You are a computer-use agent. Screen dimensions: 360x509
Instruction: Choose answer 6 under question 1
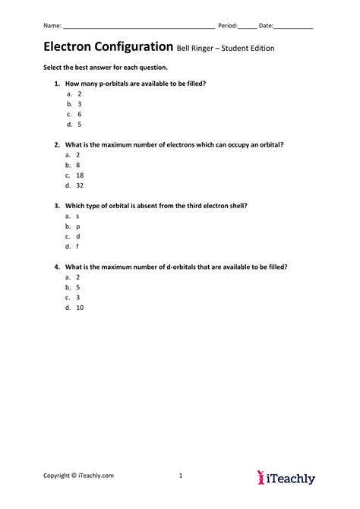point(79,114)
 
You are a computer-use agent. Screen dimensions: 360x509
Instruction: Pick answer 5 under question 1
point(79,124)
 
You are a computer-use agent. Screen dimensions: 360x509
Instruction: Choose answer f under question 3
point(78,246)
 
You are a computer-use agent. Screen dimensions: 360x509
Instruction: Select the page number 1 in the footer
point(181,476)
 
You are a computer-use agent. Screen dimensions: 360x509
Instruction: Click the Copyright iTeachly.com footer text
point(78,476)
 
